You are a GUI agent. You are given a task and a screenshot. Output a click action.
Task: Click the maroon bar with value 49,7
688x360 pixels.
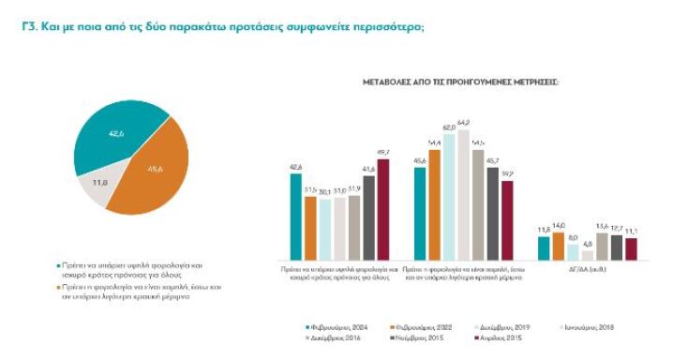382,209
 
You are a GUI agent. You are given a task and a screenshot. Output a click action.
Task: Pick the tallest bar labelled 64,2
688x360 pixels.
464,193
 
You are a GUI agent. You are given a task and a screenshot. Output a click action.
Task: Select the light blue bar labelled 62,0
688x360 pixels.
449,195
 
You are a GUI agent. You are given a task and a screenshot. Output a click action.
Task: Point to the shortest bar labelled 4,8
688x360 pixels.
588,254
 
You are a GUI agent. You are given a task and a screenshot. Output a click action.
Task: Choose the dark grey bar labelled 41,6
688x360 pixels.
368,217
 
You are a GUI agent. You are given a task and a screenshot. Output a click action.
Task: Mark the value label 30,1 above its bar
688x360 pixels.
324,191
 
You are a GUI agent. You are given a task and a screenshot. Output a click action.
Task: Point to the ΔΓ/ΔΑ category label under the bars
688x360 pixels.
588,268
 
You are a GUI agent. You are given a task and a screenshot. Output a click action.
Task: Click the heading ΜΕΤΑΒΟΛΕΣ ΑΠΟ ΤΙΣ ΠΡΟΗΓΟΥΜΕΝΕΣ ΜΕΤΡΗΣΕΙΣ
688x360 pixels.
460,82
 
